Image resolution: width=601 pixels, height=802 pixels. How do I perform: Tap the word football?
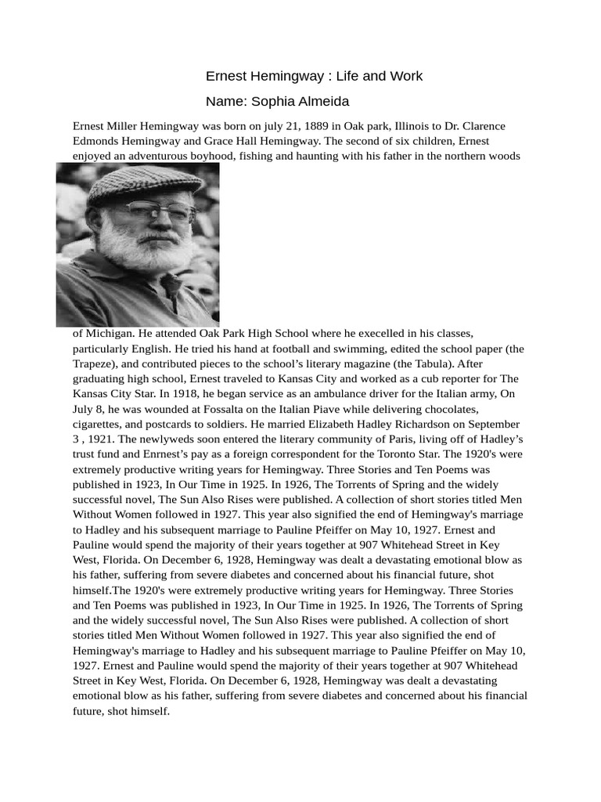(x=260, y=348)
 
